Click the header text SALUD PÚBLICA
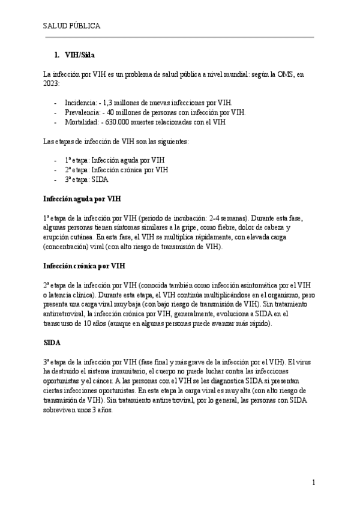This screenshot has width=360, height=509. (71, 26)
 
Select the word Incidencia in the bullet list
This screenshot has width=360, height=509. (80, 103)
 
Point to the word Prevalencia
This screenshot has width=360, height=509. (81, 112)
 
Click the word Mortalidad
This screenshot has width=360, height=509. (80, 122)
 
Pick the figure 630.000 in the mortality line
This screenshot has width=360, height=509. (118, 122)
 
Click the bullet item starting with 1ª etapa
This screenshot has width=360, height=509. (114, 160)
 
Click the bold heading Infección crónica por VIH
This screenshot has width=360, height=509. (85, 265)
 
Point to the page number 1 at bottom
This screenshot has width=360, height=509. (314, 482)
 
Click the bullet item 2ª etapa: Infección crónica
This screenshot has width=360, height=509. (116, 170)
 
